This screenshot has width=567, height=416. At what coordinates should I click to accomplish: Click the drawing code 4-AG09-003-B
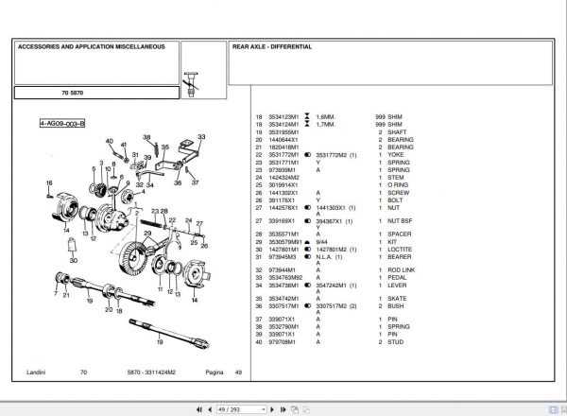click(62, 123)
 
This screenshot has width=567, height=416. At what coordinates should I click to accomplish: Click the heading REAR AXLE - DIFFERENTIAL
click(273, 45)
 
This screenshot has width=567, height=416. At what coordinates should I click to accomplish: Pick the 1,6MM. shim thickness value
click(325, 117)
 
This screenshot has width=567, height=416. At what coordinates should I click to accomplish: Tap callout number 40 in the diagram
click(110, 142)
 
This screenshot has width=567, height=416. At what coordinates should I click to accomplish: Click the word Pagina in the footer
click(215, 373)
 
